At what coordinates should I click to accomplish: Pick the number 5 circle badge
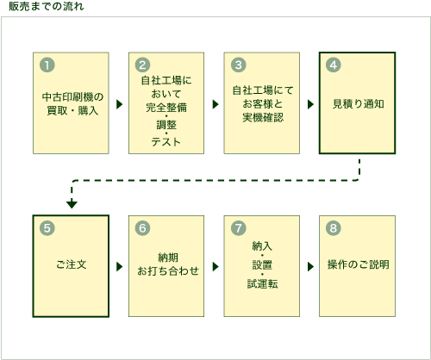coord(47,228)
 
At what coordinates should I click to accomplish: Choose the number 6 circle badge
coord(143,228)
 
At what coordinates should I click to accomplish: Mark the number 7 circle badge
coord(239,228)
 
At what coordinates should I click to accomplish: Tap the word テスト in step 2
coord(166,142)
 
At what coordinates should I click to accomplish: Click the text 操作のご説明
coord(357,264)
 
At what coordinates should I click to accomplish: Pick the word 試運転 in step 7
coord(261,283)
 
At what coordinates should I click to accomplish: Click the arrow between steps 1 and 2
coord(119,103)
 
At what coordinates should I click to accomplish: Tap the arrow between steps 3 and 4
coord(309,103)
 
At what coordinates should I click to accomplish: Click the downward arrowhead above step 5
coord(72,204)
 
